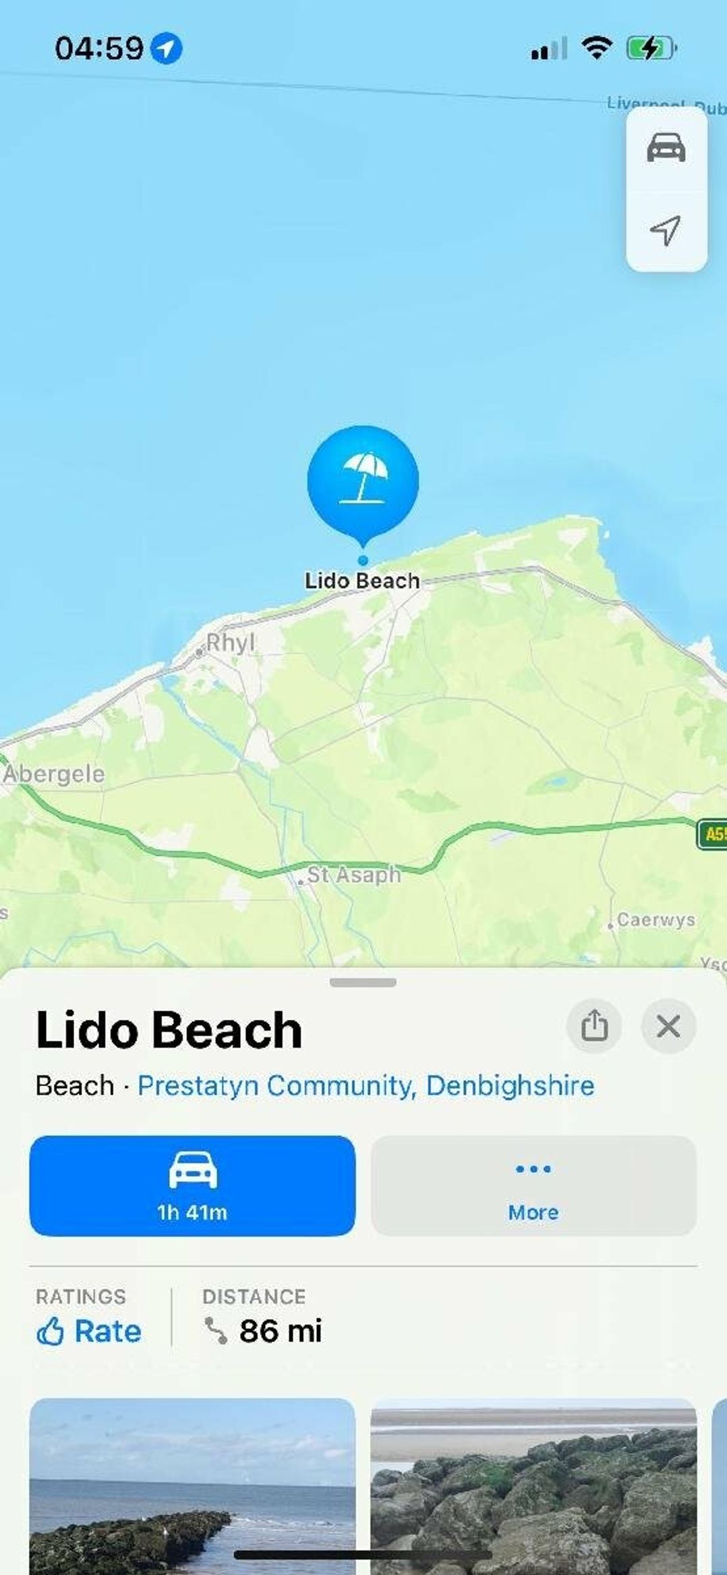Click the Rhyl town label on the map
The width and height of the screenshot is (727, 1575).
click(230, 643)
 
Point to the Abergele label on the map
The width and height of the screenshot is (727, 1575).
click(54, 774)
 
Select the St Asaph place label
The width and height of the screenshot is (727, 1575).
click(353, 875)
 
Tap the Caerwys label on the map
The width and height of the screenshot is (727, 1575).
click(656, 919)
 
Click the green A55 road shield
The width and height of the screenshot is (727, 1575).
click(712, 834)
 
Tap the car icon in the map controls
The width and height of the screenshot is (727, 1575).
click(666, 148)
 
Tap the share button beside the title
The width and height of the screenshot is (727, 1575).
click(594, 1026)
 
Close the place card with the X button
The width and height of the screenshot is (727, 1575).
click(668, 1026)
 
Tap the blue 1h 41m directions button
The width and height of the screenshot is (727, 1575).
click(192, 1185)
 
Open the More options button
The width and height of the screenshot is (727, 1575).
click(533, 1185)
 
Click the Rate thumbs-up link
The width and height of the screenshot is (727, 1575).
click(89, 1331)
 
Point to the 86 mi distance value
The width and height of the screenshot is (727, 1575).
click(281, 1331)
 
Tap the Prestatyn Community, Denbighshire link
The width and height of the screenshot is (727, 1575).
click(366, 1085)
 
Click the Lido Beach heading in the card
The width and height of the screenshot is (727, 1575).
click(169, 1030)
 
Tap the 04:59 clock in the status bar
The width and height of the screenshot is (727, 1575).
click(99, 49)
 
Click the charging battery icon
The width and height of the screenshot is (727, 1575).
click(650, 49)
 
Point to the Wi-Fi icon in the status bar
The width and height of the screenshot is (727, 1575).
click(596, 48)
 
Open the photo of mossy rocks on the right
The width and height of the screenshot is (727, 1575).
click(533, 1484)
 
